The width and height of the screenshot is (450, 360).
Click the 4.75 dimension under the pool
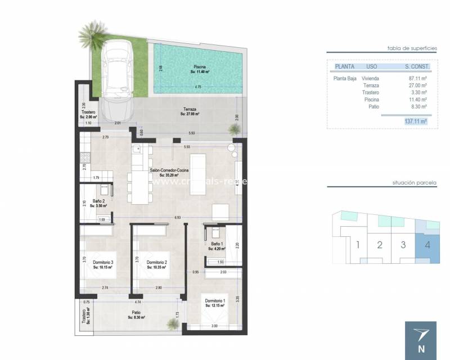click(x=197, y=87)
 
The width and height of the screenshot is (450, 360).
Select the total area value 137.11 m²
click(x=416, y=121)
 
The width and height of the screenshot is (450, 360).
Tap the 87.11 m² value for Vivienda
click(x=418, y=79)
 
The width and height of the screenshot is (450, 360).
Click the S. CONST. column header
click(x=417, y=66)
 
